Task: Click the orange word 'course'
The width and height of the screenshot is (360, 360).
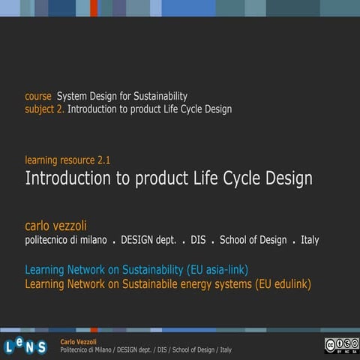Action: (38, 97)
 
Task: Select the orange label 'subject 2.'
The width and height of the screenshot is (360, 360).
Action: (44, 109)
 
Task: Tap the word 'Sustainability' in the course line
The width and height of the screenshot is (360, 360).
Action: (157, 97)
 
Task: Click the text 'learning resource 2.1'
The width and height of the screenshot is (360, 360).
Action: (67, 160)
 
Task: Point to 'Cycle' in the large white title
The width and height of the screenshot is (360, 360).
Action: (239, 178)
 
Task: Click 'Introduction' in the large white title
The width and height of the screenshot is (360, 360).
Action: (70, 178)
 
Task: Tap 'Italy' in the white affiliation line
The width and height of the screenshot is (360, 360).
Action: (310, 240)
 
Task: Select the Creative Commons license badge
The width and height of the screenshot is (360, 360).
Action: (341, 345)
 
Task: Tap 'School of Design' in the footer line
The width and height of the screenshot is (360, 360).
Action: (191, 350)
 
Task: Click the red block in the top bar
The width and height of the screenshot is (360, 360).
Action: (94, 7)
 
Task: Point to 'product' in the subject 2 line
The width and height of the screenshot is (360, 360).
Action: (148, 109)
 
